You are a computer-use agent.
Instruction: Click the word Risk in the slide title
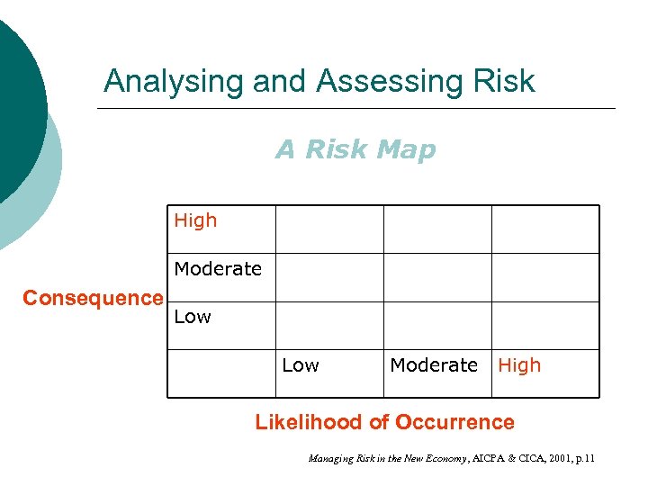pyautogui.click(x=502, y=82)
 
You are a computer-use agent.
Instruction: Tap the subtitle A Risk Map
pyautogui.click(x=355, y=149)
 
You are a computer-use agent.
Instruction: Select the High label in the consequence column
pyautogui.click(x=195, y=220)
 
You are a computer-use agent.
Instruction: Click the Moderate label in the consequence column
pyautogui.click(x=218, y=269)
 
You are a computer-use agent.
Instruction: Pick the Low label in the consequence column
pyautogui.click(x=193, y=317)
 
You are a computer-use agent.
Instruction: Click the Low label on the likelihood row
pyautogui.click(x=301, y=365)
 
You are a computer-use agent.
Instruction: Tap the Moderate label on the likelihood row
pyautogui.click(x=434, y=365)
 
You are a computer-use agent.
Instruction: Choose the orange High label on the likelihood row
pyautogui.click(x=519, y=365)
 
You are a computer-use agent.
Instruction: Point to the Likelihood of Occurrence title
pyautogui.click(x=385, y=422)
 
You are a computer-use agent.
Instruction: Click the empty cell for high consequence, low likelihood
pyautogui.click(x=329, y=229)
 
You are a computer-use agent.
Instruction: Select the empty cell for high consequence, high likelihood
pyautogui.click(x=544, y=229)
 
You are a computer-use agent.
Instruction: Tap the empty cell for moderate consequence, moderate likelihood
pyautogui.click(x=437, y=277)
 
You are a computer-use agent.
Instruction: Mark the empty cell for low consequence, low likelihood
pyautogui.click(x=329, y=325)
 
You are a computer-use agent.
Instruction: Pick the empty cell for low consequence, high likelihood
pyautogui.click(x=544, y=325)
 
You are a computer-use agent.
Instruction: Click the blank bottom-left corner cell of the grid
pyautogui.click(x=220, y=373)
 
